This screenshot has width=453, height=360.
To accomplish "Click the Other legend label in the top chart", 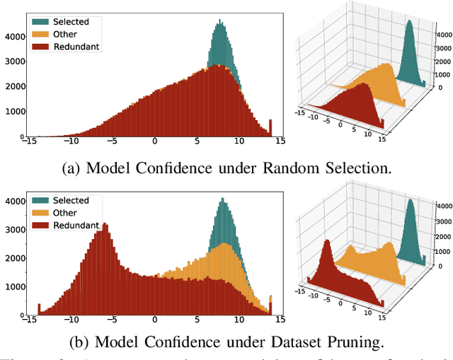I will click(64, 34).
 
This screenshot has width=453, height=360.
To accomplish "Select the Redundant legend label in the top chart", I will click(75, 47).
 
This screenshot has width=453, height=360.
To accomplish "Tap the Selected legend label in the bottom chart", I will click(72, 201).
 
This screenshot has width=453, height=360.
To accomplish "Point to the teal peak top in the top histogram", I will click(219, 23).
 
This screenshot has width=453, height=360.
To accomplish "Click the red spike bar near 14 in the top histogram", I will click(270, 128).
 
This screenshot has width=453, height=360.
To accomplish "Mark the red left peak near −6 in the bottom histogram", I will click(105, 225).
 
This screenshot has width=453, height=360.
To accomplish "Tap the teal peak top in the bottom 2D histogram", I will click(223, 199).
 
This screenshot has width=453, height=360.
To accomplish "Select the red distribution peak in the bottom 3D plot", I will click(328, 244).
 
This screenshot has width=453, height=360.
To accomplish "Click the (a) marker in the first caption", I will click(72, 169).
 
